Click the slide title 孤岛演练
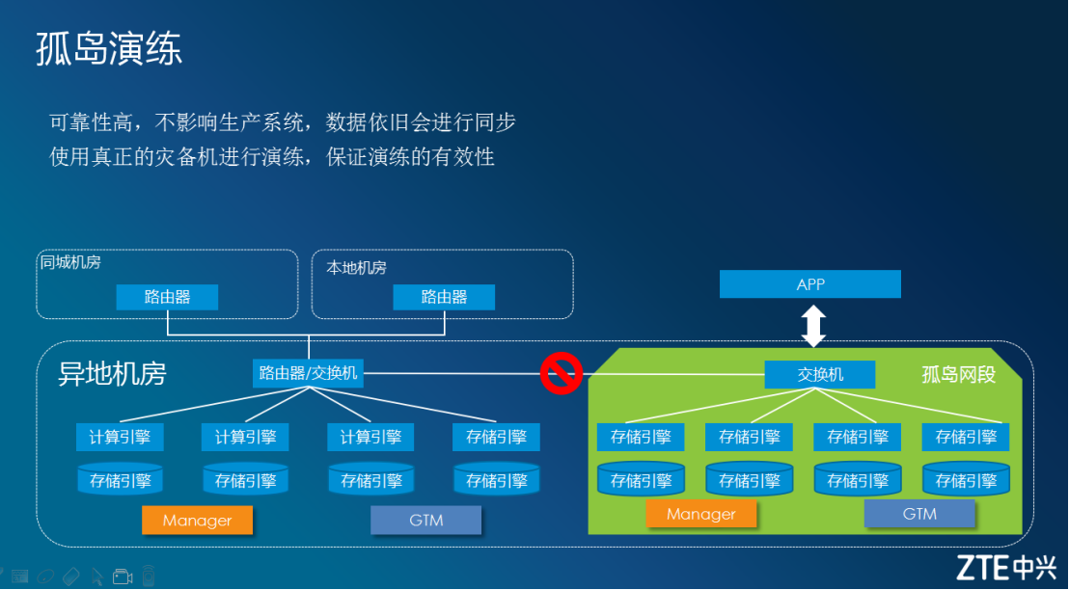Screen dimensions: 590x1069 coord(109,48)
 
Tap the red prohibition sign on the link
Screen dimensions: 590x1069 coord(560,373)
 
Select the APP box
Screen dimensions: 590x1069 coord(810,284)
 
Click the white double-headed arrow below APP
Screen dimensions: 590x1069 coord(814,326)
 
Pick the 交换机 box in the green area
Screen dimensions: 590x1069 coord(820,374)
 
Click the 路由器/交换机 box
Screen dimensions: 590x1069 coord(309,373)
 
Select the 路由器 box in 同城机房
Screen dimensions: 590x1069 coord(167,297)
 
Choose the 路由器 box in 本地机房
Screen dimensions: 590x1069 coord(444,297)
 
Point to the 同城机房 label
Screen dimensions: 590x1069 coord(69,262)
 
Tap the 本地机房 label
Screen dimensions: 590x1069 coord(356,268)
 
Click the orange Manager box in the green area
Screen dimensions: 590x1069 coord(701,514)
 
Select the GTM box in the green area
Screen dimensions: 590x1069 coord(919,514)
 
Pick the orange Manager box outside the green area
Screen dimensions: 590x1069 coord(197,521)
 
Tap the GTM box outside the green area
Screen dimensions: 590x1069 coord(425,521)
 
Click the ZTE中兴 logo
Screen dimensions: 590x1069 coord(1006,567)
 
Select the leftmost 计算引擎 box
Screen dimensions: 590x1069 coord(120,437)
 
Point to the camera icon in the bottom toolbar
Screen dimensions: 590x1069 coord(123,577)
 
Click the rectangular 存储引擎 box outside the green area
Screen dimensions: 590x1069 coord(496,437)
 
